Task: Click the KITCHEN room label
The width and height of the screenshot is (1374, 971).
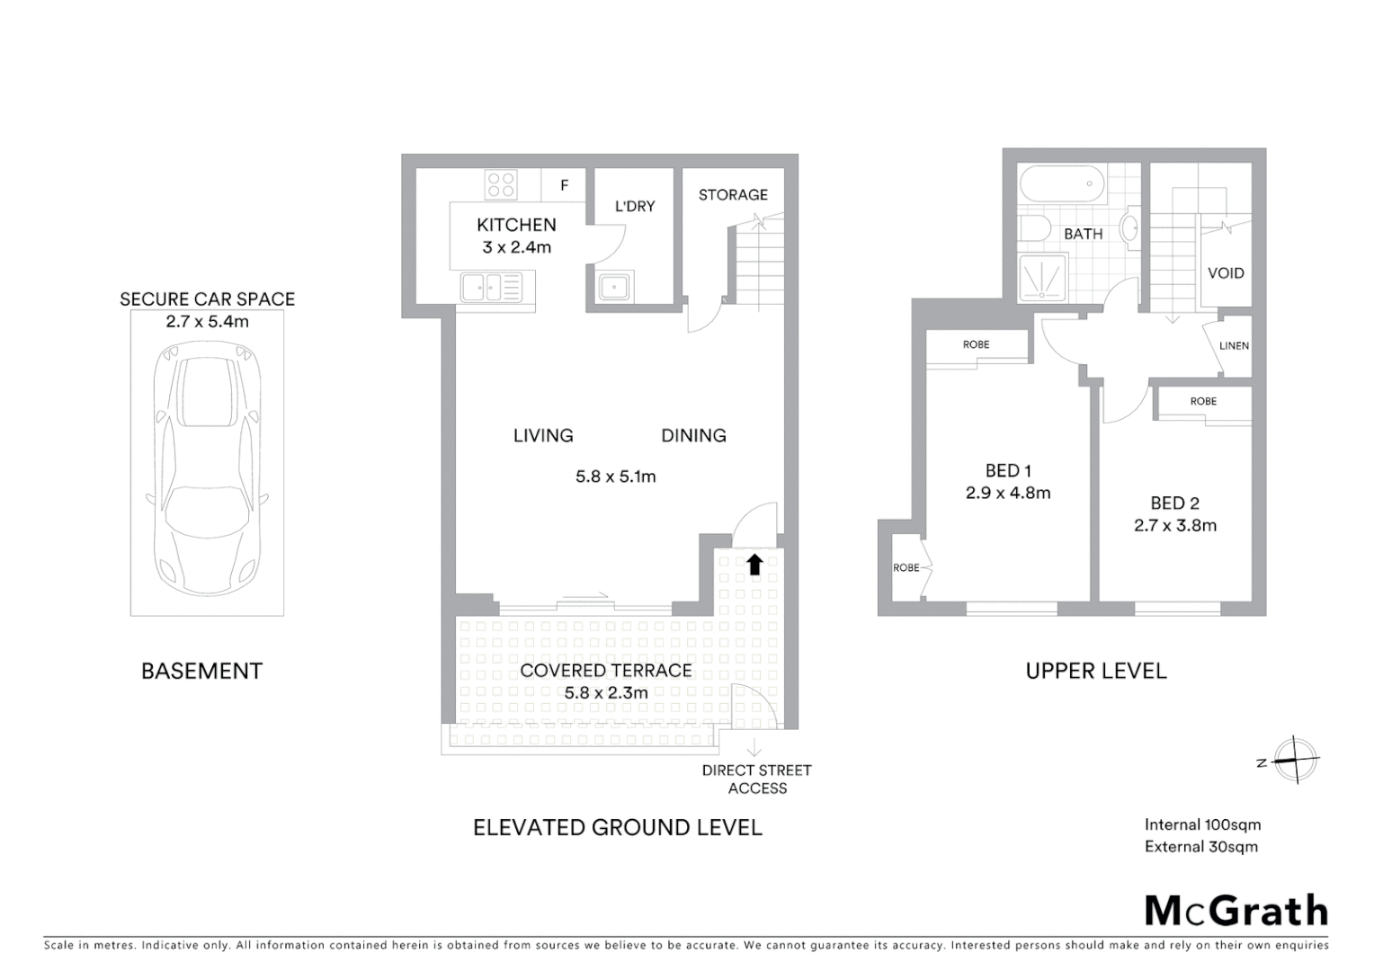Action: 516,225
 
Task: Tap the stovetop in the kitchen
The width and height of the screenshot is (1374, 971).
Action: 501,184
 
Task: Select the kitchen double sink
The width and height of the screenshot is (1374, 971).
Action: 491,288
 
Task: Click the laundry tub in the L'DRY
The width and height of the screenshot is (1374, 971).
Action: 614,287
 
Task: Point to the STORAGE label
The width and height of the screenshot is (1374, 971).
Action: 733,194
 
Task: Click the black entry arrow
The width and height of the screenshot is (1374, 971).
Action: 754,565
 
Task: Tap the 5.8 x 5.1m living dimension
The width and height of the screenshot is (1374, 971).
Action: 616,477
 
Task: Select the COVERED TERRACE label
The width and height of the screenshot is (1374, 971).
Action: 606,671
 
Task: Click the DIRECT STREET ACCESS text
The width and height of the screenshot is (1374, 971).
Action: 757,779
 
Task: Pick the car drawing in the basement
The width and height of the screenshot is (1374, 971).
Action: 207,466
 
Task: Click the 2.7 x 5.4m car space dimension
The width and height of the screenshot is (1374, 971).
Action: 207,321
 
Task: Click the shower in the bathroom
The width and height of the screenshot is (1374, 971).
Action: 1043,276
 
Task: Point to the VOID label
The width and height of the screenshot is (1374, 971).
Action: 1226,272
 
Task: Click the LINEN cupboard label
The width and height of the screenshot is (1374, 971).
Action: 1234,345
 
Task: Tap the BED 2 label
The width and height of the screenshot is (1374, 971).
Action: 1174,503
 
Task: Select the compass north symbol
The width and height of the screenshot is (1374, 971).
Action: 1293,761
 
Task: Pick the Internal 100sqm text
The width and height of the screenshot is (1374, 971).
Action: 1202,824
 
